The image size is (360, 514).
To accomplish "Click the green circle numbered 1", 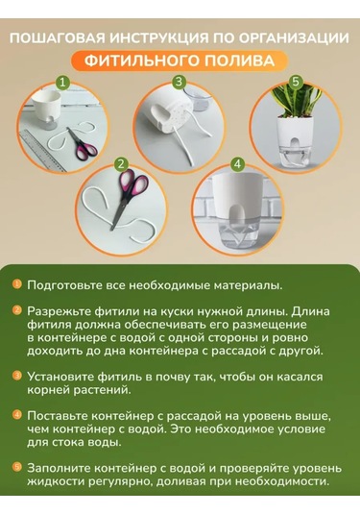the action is (x=62, y=83).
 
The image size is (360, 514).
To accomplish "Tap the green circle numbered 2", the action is (x=121, y=164).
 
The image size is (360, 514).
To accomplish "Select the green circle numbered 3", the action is (x=179, y=82).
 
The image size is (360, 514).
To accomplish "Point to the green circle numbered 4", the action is (x=237, y=164).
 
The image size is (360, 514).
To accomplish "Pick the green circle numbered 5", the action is (x=296, y=82).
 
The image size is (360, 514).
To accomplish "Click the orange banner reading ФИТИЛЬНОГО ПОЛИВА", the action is (x=180, y=61).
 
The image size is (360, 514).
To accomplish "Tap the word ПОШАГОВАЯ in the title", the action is (x=58, y=38).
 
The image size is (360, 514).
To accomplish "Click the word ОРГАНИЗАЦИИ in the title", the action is (x=294, y=38).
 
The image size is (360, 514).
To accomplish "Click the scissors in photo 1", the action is (x=82, y=144).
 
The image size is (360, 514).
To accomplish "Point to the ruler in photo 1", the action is (x=43, y=150).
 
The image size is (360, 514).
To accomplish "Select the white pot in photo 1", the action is (x=48, y=109).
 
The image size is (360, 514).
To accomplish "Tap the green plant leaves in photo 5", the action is (x=296, y=100).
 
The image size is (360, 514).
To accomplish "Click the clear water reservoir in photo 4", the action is (x=237, y=234).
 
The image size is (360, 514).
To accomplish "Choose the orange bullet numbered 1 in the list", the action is (x=17, y=283).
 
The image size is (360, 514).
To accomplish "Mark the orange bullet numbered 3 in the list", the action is (x=17, y=376).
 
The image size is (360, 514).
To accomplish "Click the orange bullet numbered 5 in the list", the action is (x=17, y=467).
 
